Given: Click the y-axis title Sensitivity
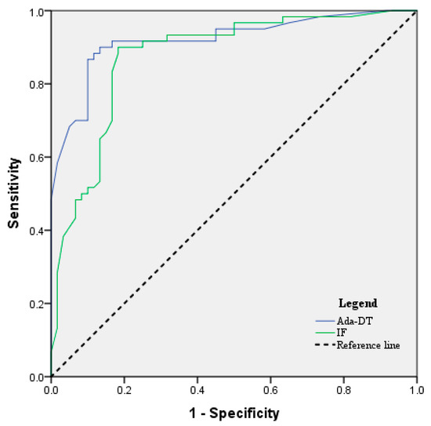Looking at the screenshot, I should [x=14, y=192].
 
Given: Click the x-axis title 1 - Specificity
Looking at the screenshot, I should [x=234, y=412].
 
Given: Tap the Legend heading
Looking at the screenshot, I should [x=357, y=303].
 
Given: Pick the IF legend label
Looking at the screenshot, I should [x=341, y=333].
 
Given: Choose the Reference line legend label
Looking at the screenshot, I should [x=368, y=345].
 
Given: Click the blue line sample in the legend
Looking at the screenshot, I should [x=324, y=321].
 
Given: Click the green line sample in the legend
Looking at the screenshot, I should [x=324, y=333].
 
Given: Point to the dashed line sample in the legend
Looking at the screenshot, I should [x=324, y=345].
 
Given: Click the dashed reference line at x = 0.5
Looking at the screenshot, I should [x=234, y=194].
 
